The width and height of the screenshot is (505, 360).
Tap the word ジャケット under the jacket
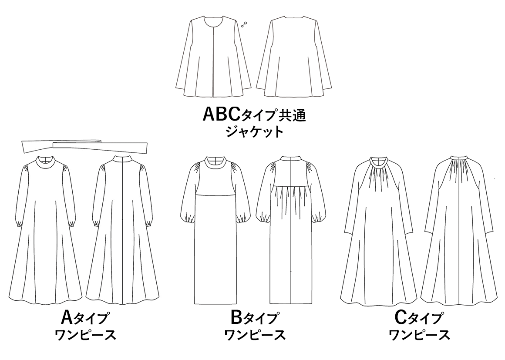(254, 131)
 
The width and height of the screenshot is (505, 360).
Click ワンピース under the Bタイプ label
(255, 335)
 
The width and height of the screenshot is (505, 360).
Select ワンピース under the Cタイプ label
(419, 335)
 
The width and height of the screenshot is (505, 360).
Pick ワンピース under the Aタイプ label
(86, 335)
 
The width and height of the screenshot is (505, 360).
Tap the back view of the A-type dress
(123, 231)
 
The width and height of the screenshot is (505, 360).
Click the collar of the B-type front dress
(216, 161)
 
